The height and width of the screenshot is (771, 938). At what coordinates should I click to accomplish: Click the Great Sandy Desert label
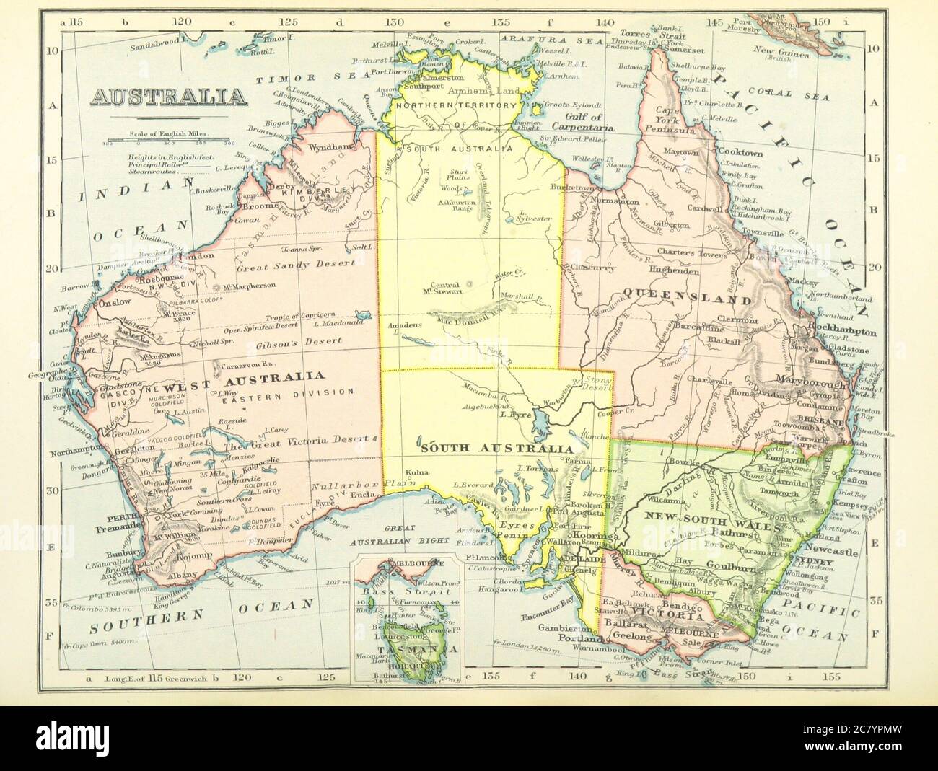coord(296,265)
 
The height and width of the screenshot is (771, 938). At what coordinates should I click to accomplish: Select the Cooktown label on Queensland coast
coord(740,153)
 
